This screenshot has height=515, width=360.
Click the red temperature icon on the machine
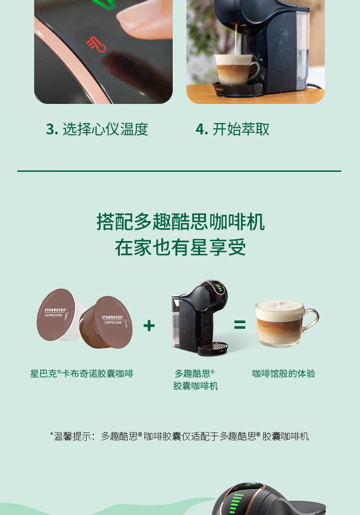tap(96, 44)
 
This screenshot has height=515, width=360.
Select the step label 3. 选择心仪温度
tap(97, 129)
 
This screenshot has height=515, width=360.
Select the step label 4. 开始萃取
tap(232, 129)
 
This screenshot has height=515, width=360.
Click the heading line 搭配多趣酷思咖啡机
tap(180, 221)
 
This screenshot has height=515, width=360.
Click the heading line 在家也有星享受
tap(180, 247)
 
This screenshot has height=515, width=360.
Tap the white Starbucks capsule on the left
tap(57, 314)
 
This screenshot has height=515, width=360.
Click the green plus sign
tap(149, 325)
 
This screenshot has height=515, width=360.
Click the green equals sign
tap(240, 325)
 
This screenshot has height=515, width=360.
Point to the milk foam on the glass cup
tap(279, 306)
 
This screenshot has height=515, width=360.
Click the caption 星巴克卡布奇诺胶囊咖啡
tap(82, 374)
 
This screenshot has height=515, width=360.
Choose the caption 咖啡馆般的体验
tap(283, 374)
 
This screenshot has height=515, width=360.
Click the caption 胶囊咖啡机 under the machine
tap(195, 386)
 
